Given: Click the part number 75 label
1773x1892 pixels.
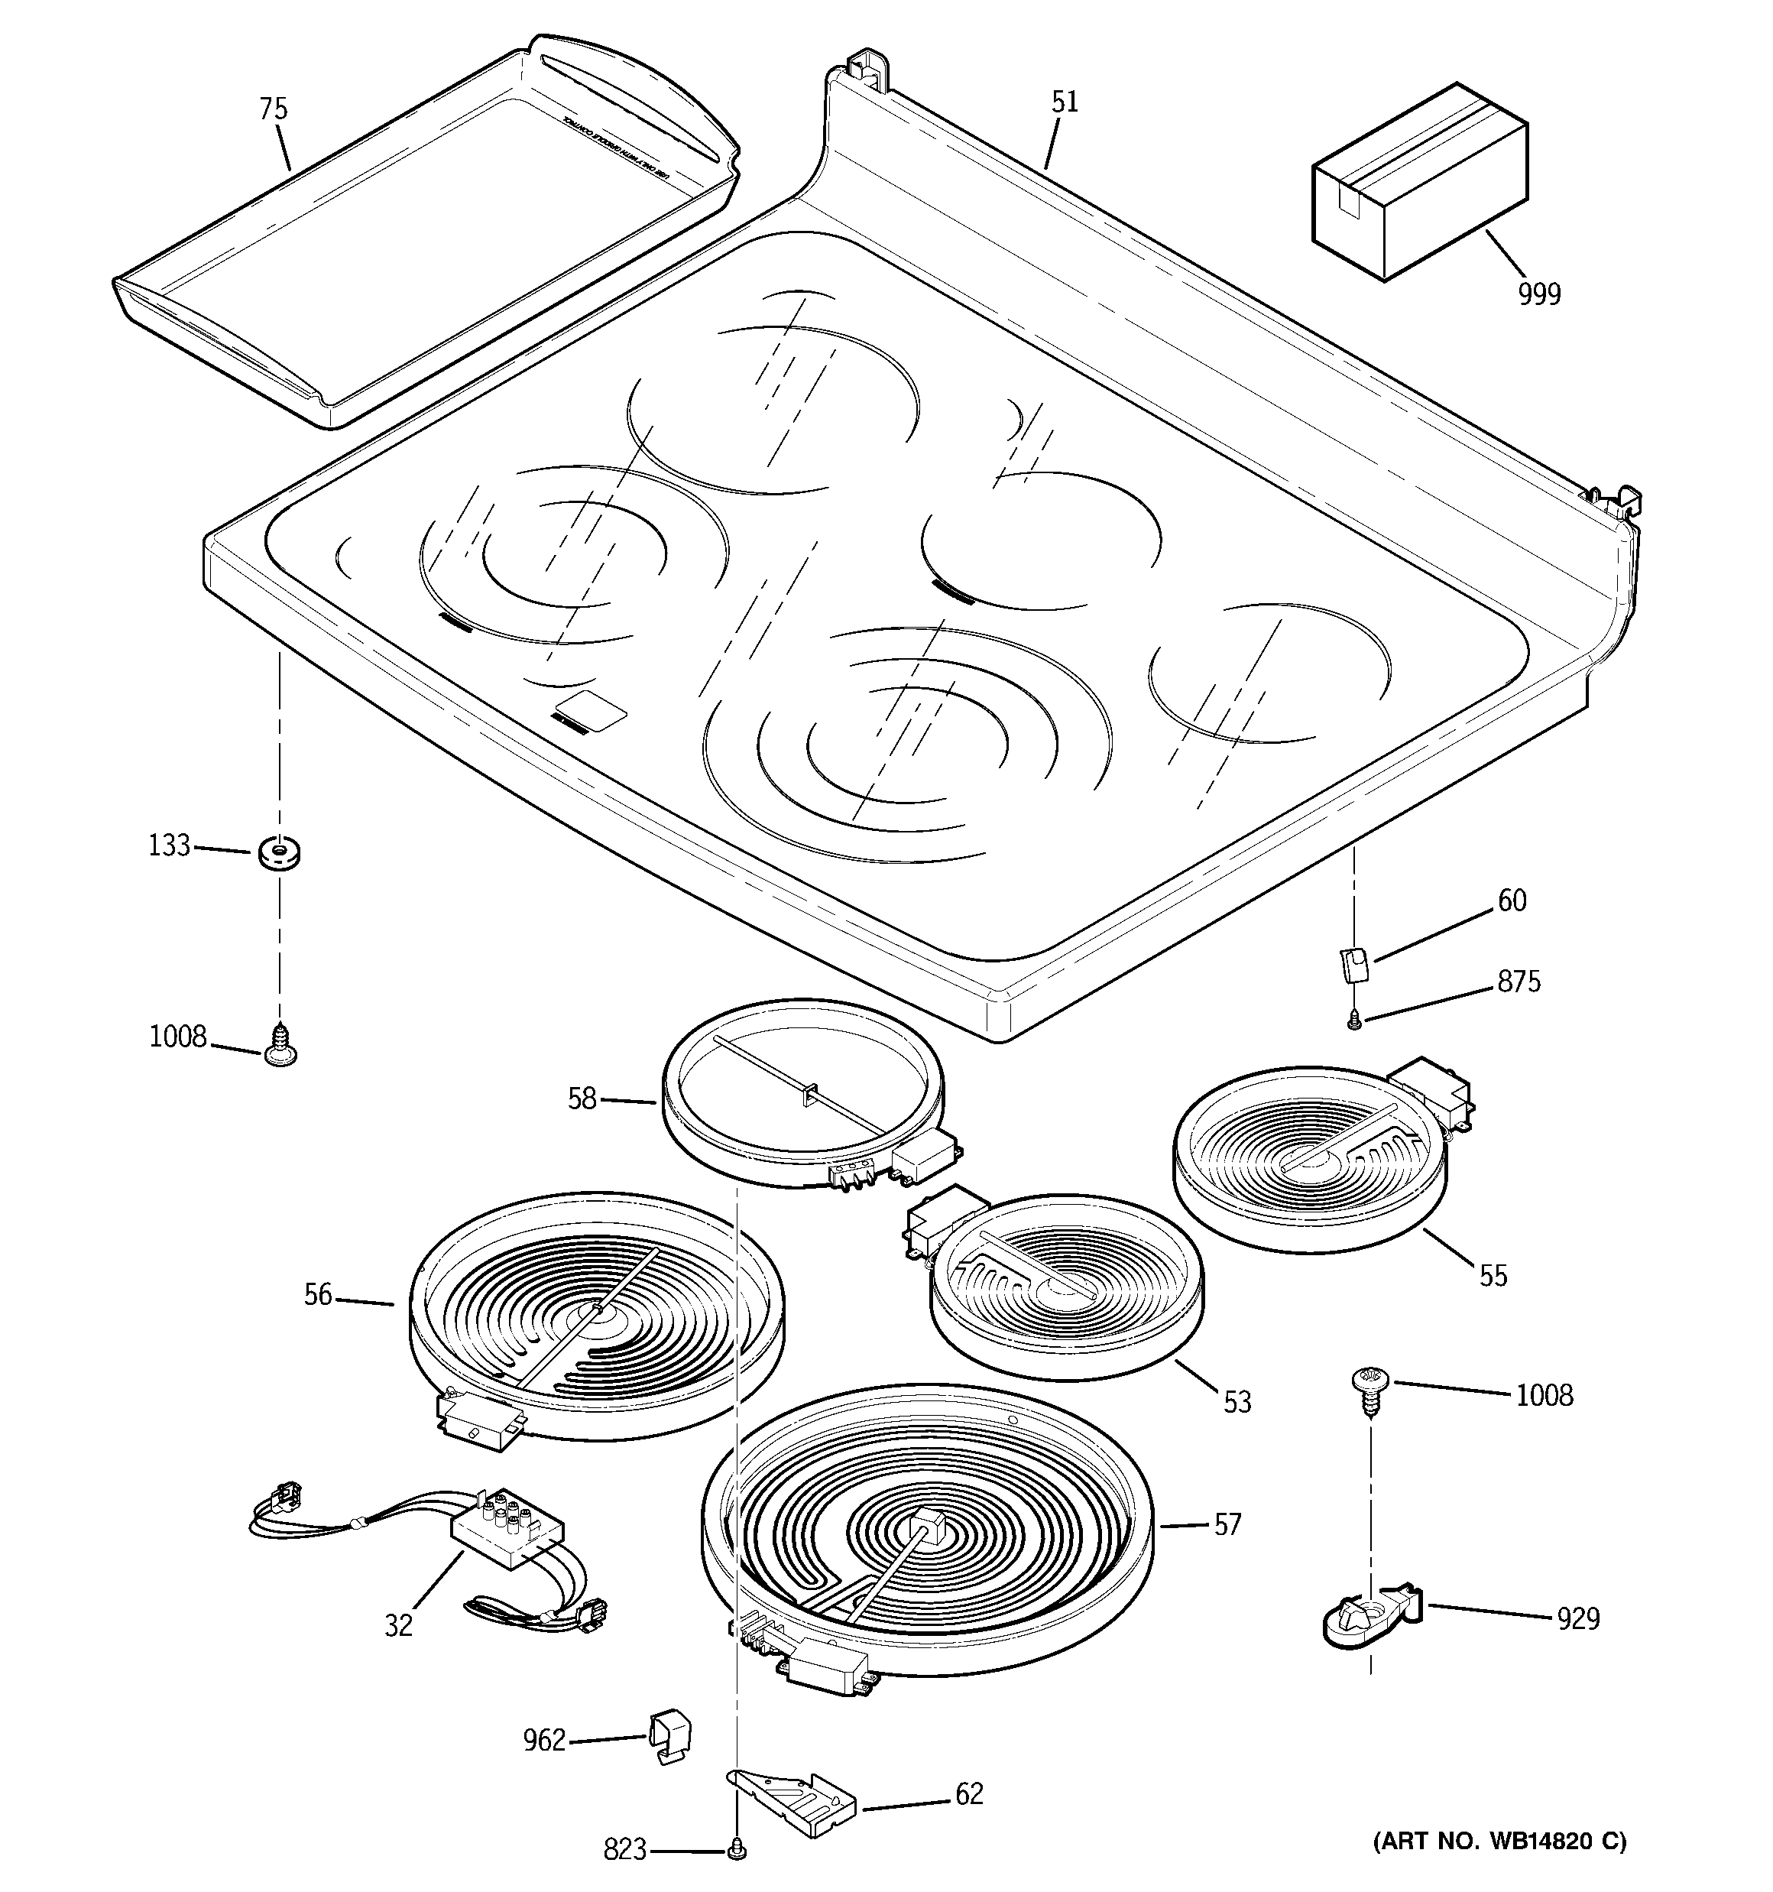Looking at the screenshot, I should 273,109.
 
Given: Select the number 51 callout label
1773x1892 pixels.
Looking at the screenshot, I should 1064,102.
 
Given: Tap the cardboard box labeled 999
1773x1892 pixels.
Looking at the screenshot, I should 1419,183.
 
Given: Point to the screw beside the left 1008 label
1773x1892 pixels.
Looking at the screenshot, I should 280,1046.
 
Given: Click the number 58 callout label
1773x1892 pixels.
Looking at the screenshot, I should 582,1099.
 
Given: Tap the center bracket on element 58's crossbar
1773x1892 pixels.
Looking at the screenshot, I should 810,1095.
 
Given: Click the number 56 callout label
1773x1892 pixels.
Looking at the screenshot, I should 318,1294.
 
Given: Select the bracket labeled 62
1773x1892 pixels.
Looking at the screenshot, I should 796,1804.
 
